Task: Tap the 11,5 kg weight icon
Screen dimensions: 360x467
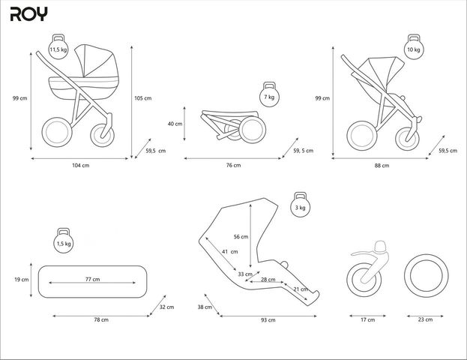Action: coord(57,49)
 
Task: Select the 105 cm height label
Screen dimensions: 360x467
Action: coord(142,98)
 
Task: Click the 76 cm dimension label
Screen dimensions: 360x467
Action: coord(233,165)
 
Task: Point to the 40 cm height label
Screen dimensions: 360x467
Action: coord(175,124)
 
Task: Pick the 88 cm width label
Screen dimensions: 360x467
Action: coord(381,165)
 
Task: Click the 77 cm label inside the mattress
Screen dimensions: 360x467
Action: coord(92,279)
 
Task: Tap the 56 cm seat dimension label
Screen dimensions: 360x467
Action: coord(240,236)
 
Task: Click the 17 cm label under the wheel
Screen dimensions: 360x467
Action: coord(367,320)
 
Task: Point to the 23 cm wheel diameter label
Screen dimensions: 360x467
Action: coord(425,320)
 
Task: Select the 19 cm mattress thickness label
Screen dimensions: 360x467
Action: coord(22,280)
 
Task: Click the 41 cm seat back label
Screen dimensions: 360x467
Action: coord(229,251)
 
